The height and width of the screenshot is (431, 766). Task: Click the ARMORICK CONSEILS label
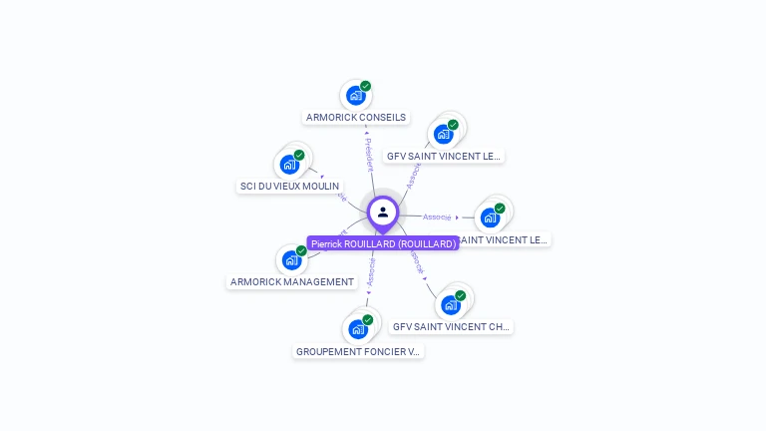[356, 117]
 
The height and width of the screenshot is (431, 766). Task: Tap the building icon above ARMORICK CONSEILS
[354, 97]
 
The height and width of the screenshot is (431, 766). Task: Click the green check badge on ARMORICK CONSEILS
[366, 86]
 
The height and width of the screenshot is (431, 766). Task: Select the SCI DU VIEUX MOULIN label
[289, 186]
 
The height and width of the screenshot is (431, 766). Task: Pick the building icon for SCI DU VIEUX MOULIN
[289, 165]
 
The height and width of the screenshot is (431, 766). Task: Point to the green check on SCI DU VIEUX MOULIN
[299, 155]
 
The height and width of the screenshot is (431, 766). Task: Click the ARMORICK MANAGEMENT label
[292, 281]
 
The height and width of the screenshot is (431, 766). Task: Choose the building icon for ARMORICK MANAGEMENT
[291, 260]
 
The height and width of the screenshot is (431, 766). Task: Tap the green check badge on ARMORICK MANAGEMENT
[301, 250]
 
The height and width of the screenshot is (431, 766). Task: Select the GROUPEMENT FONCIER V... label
[359, 351]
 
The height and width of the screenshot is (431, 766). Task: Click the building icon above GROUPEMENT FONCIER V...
[358, 329]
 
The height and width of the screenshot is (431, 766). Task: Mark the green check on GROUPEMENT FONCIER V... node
[368, 319]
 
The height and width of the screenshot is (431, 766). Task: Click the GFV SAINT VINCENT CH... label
[451, 326]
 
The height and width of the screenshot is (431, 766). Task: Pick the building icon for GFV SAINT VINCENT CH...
[450, 305]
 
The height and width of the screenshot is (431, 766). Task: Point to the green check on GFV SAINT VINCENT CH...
[461, 295]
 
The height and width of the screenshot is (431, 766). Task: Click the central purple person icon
[383, 212]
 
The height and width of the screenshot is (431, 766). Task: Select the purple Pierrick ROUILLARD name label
[383, 243]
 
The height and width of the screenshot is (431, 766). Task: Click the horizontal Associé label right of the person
[437, 216]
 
